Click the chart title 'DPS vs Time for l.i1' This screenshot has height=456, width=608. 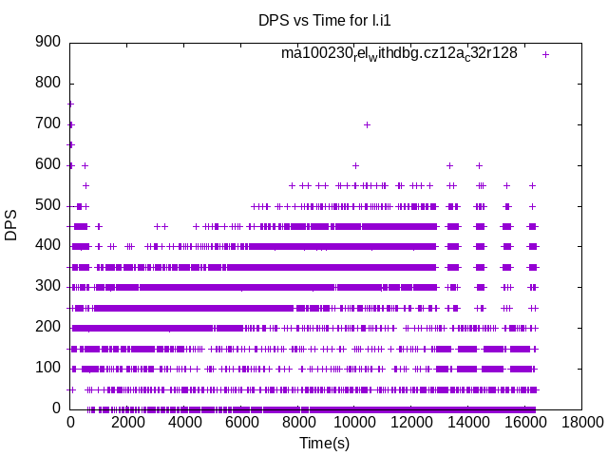325,20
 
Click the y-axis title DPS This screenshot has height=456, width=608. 11,225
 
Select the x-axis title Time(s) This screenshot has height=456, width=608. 325,443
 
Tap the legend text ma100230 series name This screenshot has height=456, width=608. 399,54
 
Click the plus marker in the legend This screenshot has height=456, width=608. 545,54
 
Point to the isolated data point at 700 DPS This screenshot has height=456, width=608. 367,124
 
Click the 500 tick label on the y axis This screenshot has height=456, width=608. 48,205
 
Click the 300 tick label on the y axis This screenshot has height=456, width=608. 48,287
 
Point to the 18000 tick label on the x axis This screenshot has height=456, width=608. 580,423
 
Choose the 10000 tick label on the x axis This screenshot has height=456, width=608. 353,423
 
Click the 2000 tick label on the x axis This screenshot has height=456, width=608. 127,423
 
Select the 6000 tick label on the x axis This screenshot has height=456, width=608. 240,423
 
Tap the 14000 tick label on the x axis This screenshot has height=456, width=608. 467,423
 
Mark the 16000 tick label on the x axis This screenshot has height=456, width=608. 523,423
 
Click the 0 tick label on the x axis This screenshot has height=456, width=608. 70,423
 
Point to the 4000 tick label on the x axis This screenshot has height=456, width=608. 183,423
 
